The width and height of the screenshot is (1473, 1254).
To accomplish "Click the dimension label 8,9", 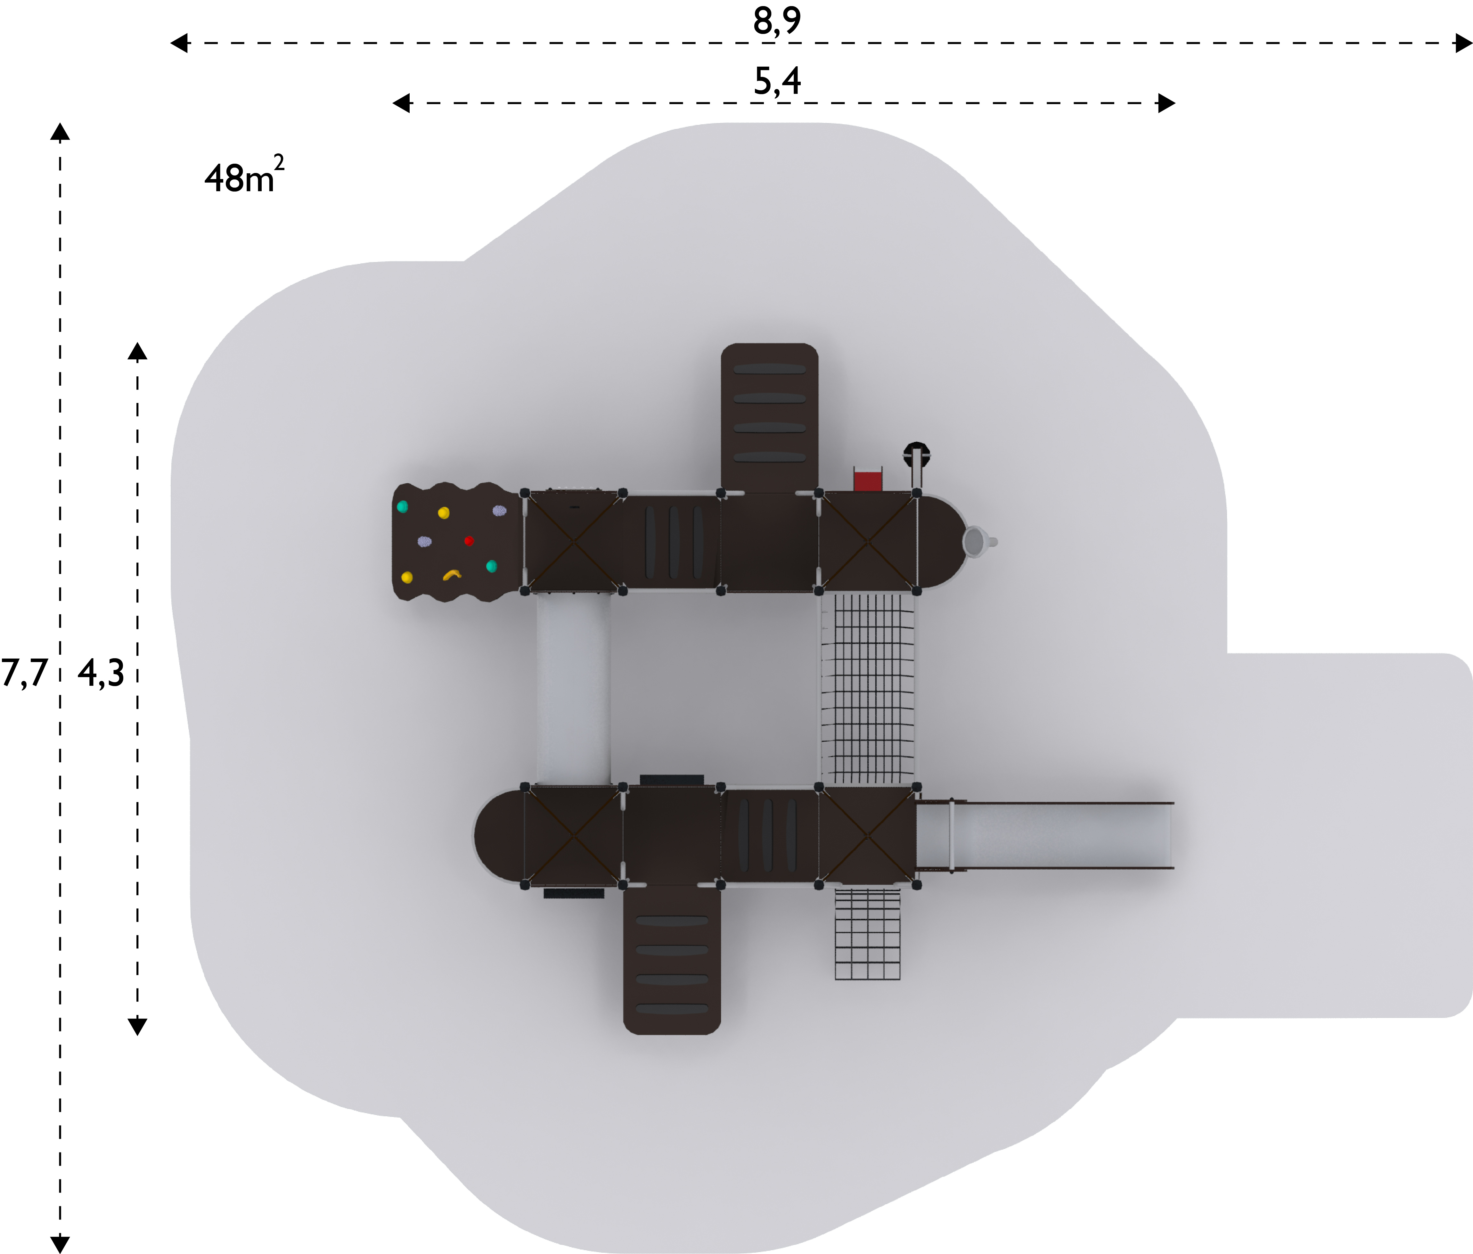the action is point(777,21).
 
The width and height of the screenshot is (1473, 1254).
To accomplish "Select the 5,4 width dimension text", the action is point(777,81).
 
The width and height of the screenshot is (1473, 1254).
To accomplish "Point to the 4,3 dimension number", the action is point(101,673).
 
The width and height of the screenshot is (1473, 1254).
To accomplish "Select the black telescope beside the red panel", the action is point(916,462).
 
